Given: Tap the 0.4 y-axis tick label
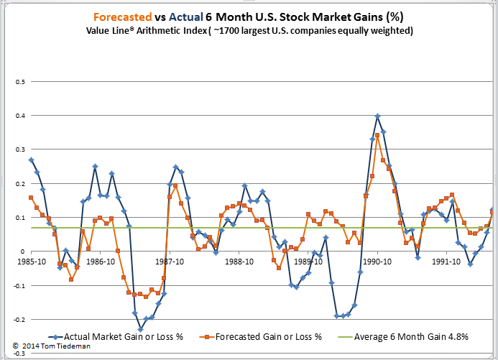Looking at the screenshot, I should point(18,116).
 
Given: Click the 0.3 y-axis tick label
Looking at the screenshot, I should point(18,149).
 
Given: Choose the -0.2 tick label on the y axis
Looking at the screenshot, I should point(17,320).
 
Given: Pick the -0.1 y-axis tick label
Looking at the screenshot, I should point(17,286).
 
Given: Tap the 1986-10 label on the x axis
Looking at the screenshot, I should point(100,262).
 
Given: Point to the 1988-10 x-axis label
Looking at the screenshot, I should point(239,262).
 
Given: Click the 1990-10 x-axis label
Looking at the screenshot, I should point(378,262).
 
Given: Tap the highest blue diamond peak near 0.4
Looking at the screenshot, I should point(378,116).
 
